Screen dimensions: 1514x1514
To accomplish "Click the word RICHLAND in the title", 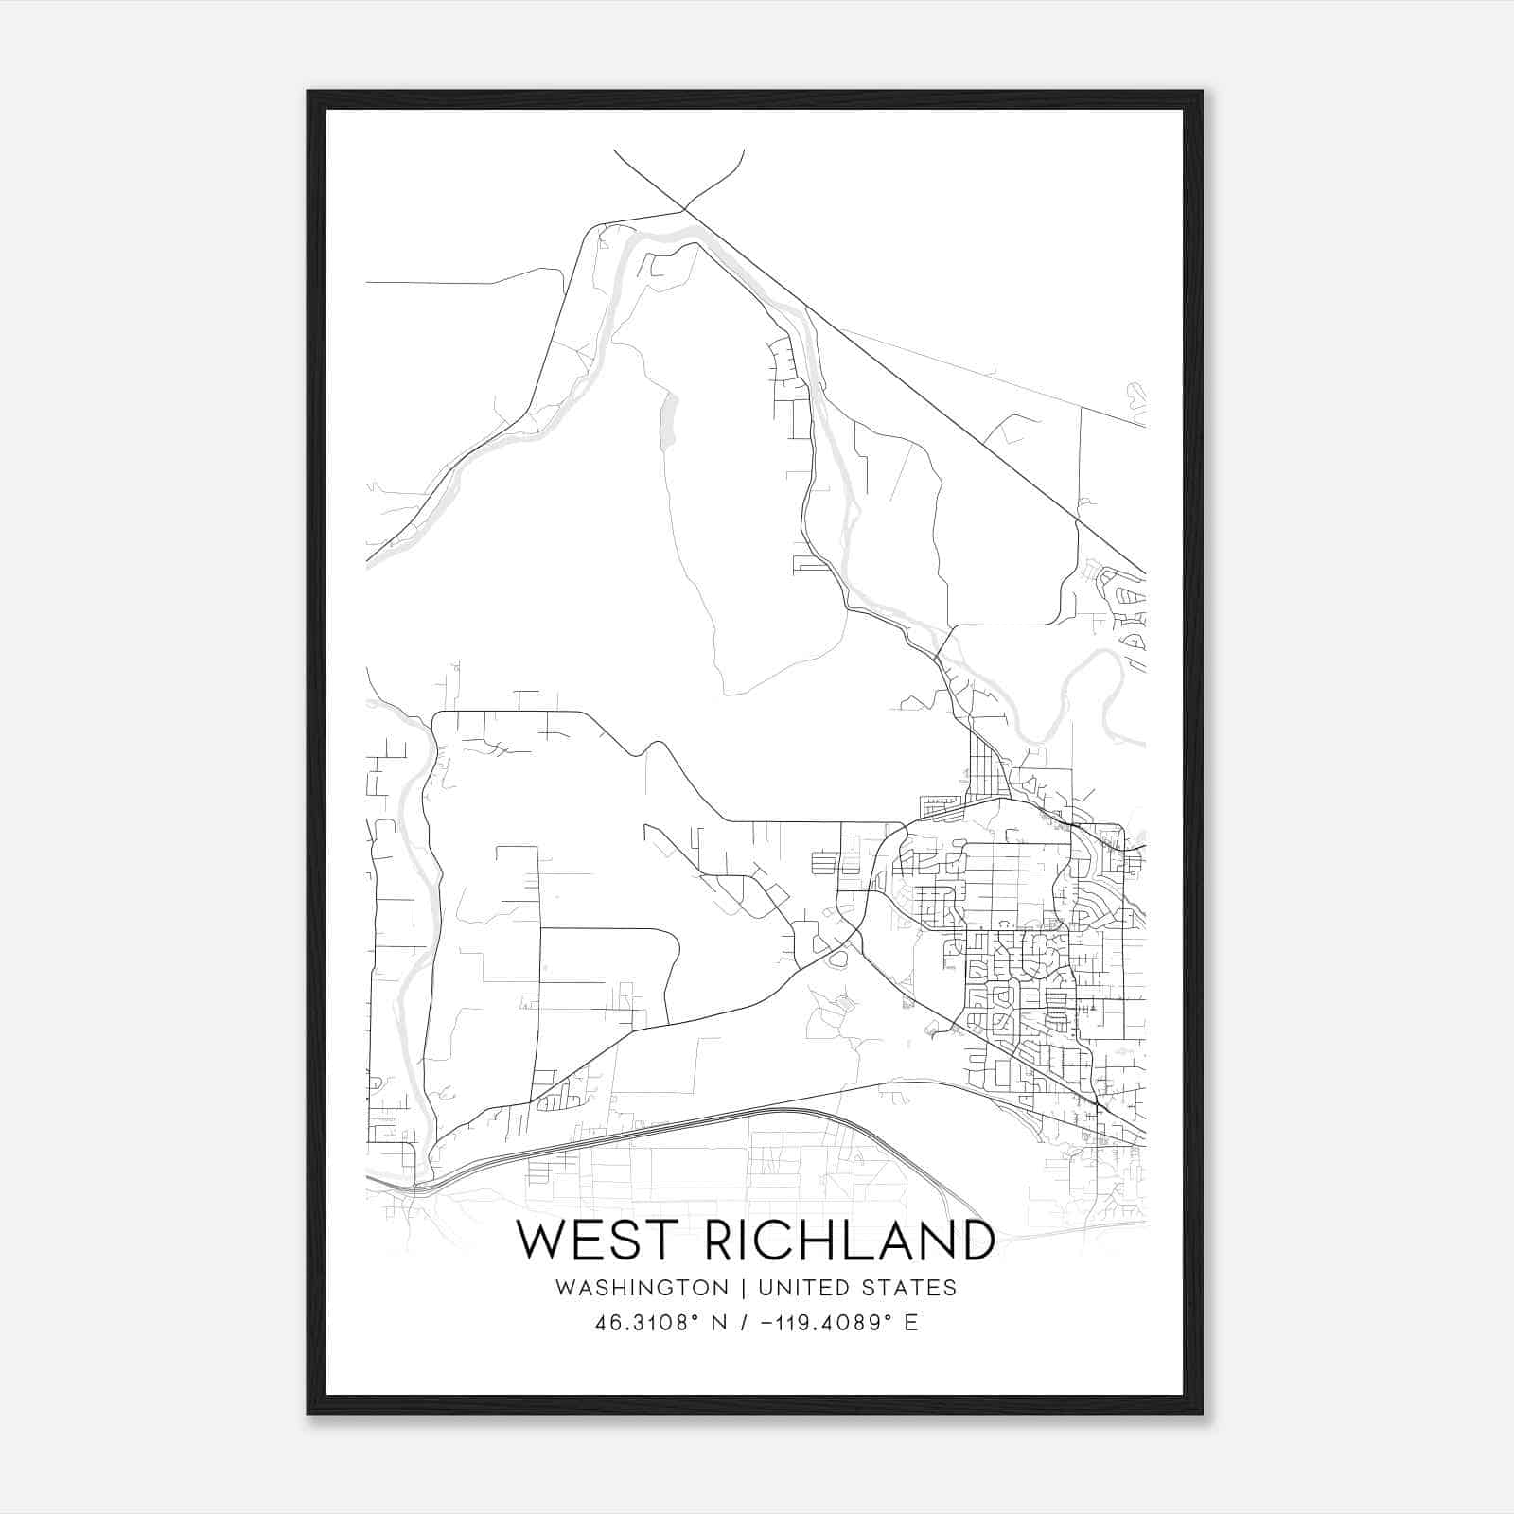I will (x=850, y=1241).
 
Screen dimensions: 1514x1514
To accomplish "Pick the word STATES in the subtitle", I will (x=910, y=1288).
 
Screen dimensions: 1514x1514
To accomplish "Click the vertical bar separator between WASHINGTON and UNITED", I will (x=744, y=1288).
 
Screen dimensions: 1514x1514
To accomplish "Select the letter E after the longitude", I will (x=911, y=1323).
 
